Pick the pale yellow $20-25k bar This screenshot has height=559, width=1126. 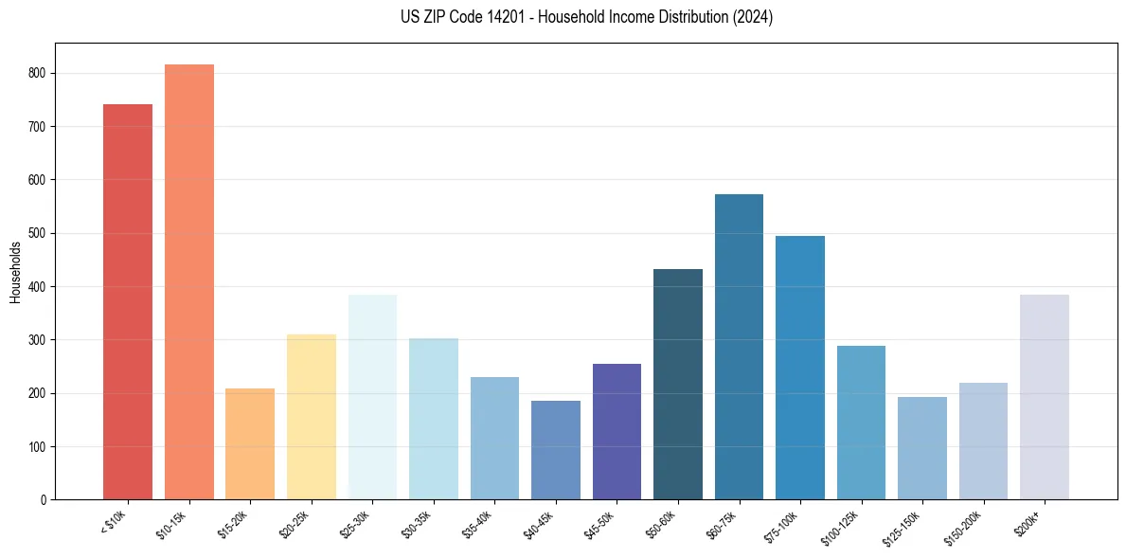coord(312,417)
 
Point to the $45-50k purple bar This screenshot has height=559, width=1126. coord(617,431)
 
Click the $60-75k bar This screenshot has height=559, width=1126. coord(739,347)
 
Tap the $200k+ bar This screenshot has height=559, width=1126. coord(1045,397)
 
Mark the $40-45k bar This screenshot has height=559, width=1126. coord(556,450)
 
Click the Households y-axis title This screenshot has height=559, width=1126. coord(15,272)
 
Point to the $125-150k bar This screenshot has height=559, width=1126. coord(922,448)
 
